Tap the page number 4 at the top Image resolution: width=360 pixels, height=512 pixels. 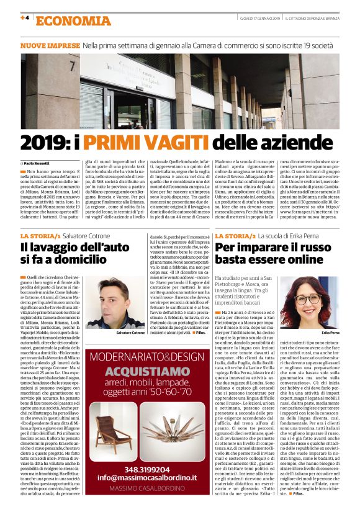coord(25,17)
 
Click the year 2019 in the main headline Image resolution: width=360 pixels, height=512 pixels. coord(47,141)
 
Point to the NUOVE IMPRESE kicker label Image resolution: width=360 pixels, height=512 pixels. coord(49,46)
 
